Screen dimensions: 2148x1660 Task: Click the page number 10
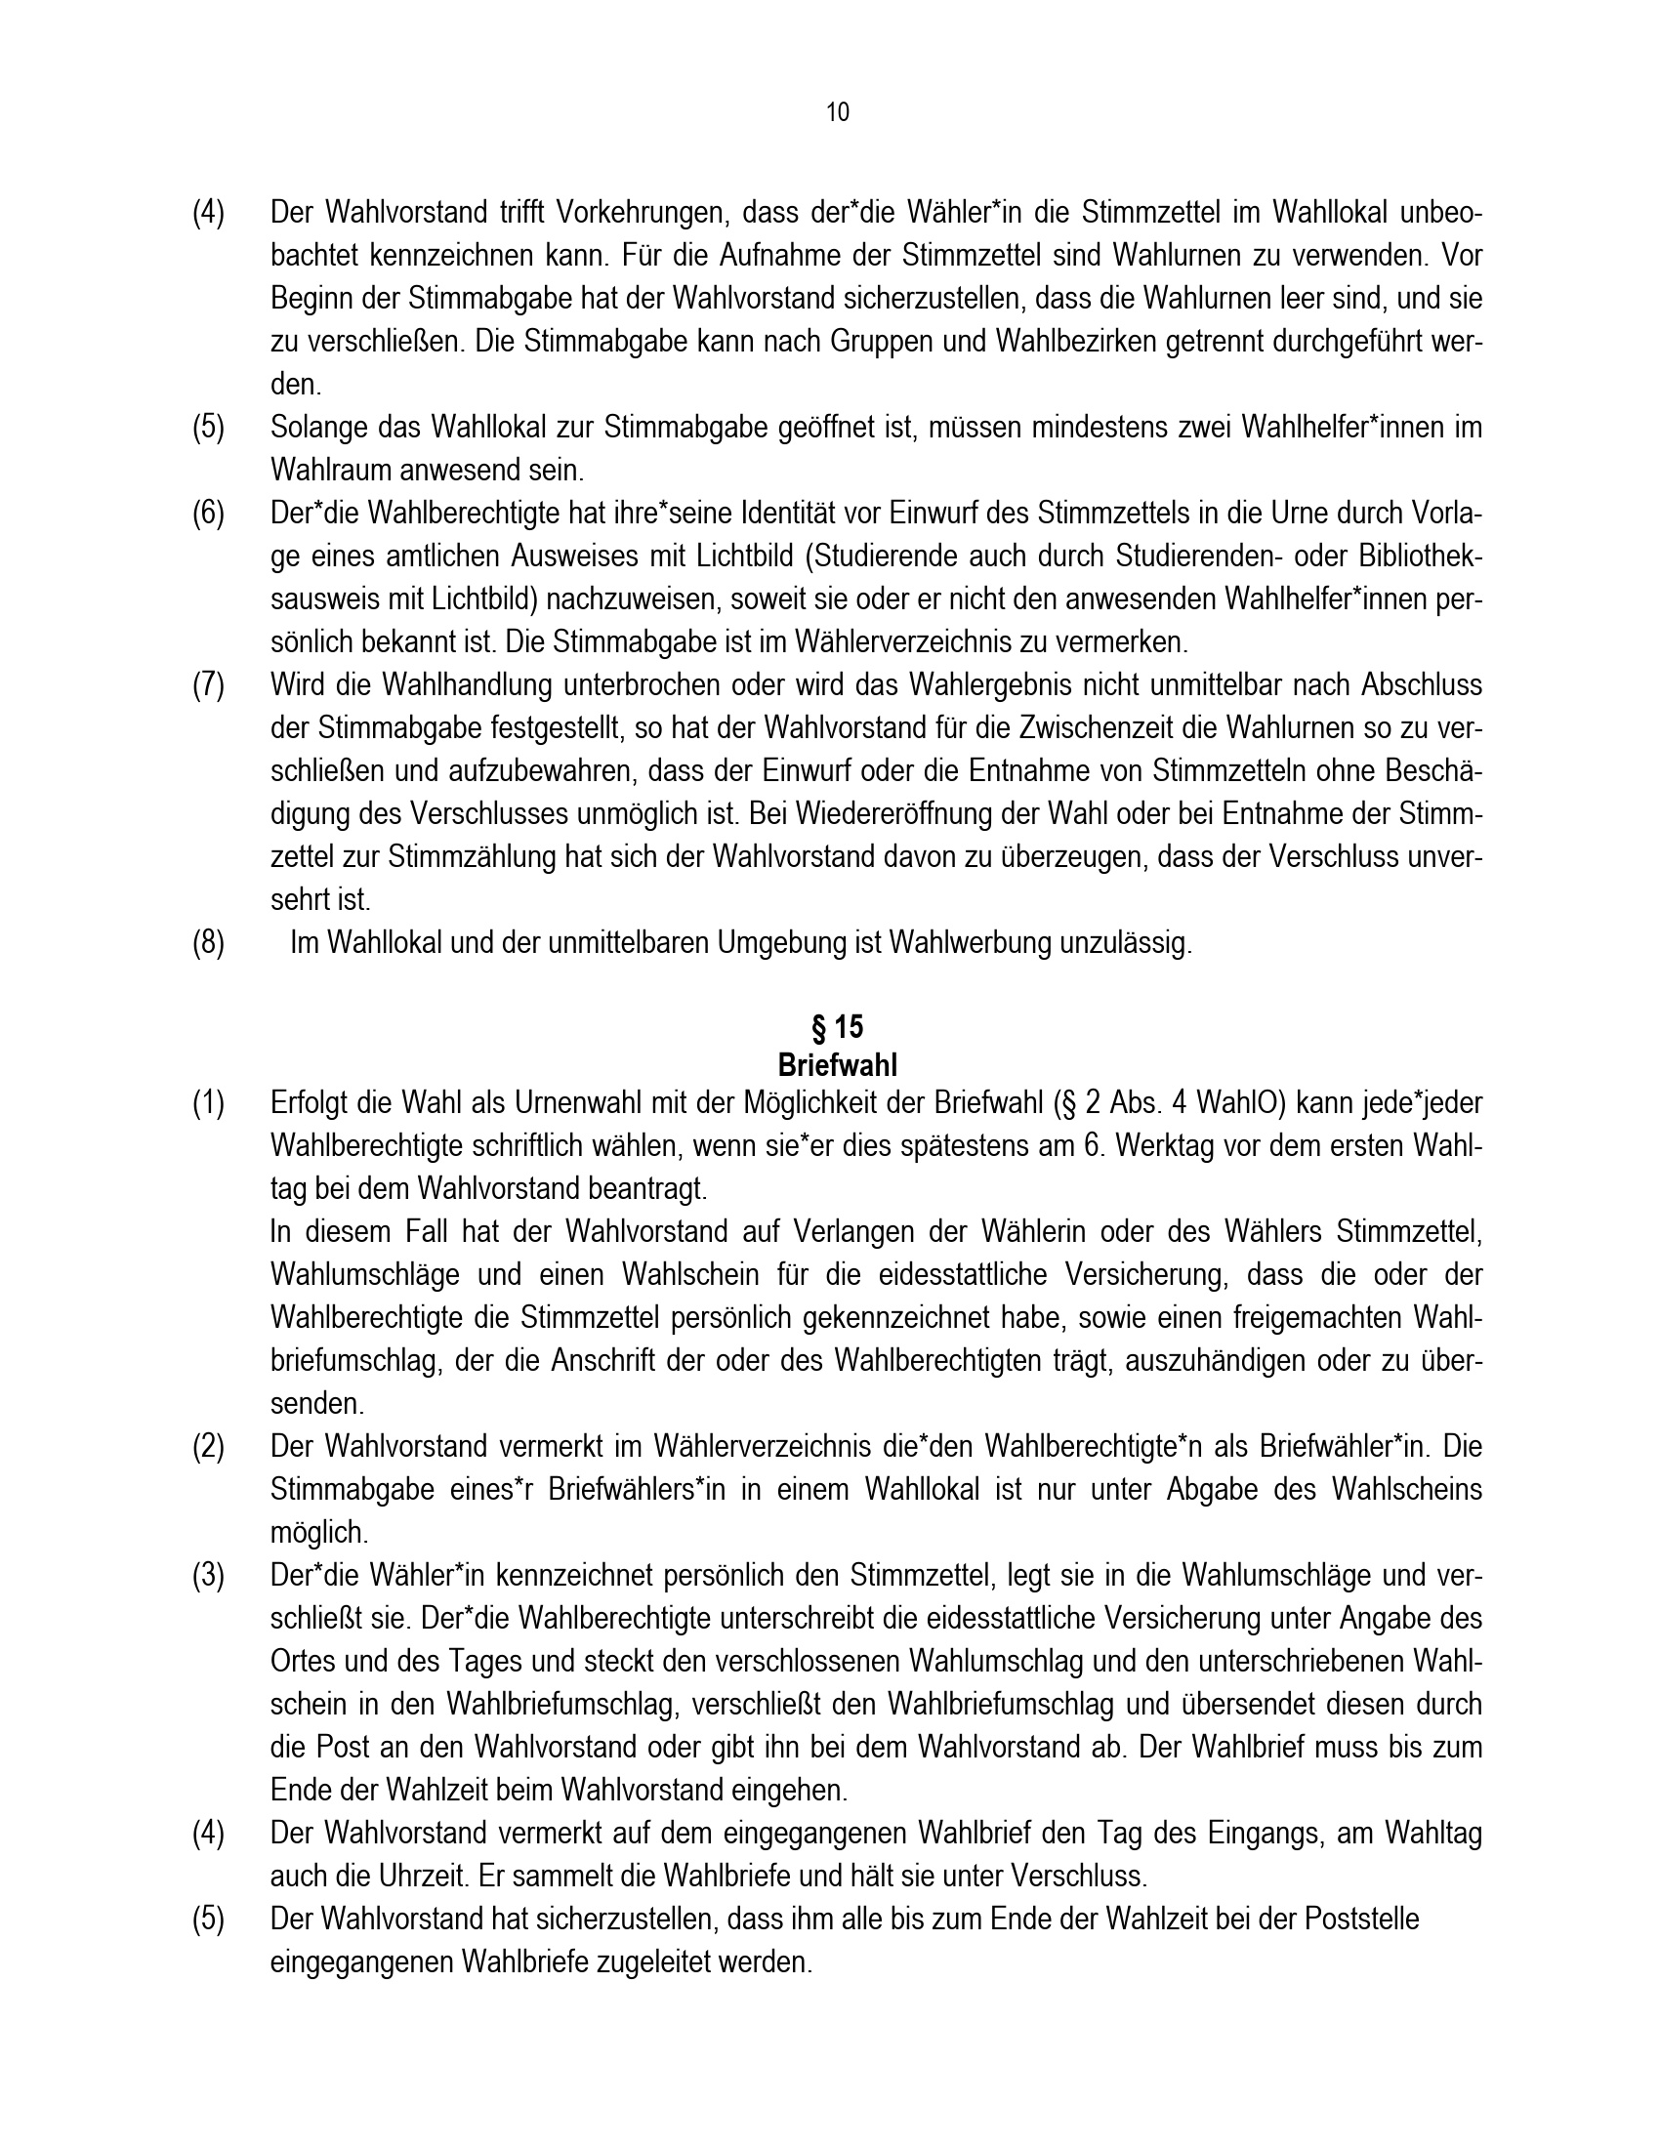pyautogui.click(x=837, y=112)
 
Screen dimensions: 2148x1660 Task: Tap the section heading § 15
pyautogui.click(x=837, y=1027)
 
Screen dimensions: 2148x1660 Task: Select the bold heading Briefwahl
pyautogui.click(x=837, y=1065)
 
